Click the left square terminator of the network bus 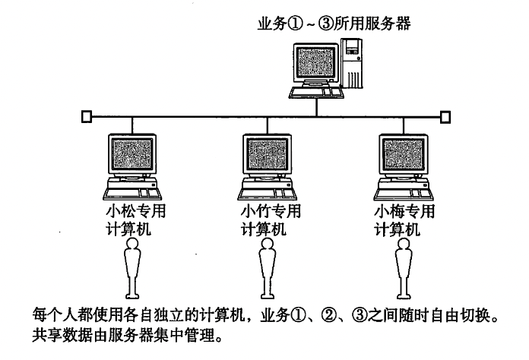(87, 117)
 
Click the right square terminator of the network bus (446, 117)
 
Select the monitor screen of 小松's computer (133, 156)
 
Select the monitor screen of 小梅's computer (401, 156)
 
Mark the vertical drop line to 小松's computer (134, 125)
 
